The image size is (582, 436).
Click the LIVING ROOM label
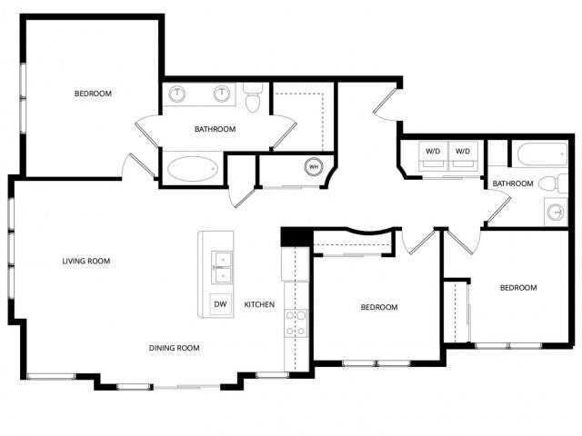coord(85,261)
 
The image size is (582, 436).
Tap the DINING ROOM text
coord(174,348)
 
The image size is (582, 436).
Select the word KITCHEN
coord(259,305)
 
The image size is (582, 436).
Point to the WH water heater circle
coord(313,166)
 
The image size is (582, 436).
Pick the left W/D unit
coord(432,152)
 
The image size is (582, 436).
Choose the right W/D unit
coord(464,152)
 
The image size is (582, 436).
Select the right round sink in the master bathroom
coord(221,94)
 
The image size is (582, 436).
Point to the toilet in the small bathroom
coord(547,184)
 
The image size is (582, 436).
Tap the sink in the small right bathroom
coord(556,213)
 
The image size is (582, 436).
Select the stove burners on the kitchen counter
coord(296,323)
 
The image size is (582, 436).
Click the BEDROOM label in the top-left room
coord(93,94)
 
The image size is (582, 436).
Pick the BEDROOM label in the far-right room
coord(518,288)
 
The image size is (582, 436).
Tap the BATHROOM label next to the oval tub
coord(215,129)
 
